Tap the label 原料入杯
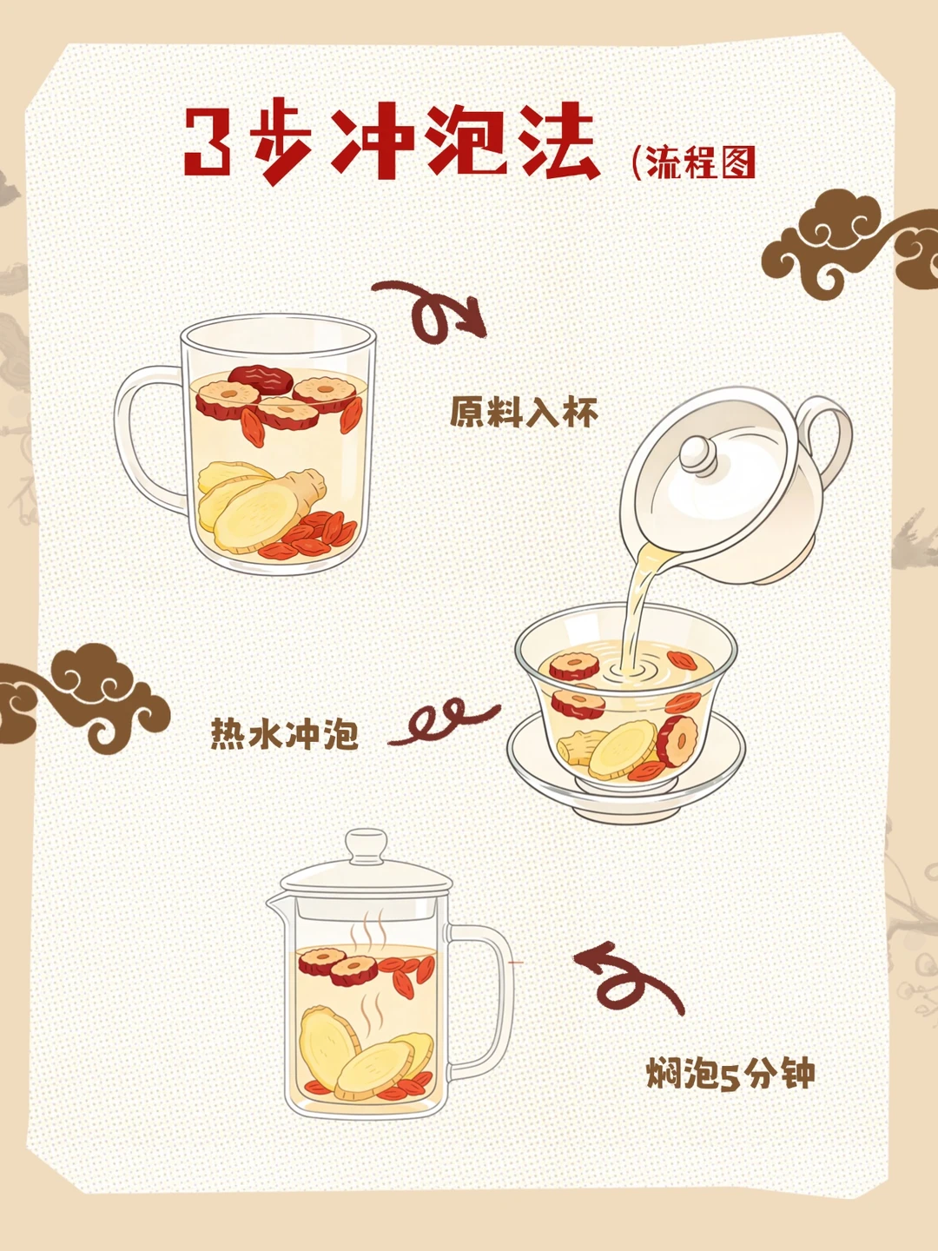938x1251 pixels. [524, 412]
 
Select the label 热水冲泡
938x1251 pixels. [285, 733]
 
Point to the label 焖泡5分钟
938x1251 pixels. [730, 1073]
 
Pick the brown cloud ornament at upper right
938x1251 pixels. [849, 242]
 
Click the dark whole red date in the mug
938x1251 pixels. [261, 378]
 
